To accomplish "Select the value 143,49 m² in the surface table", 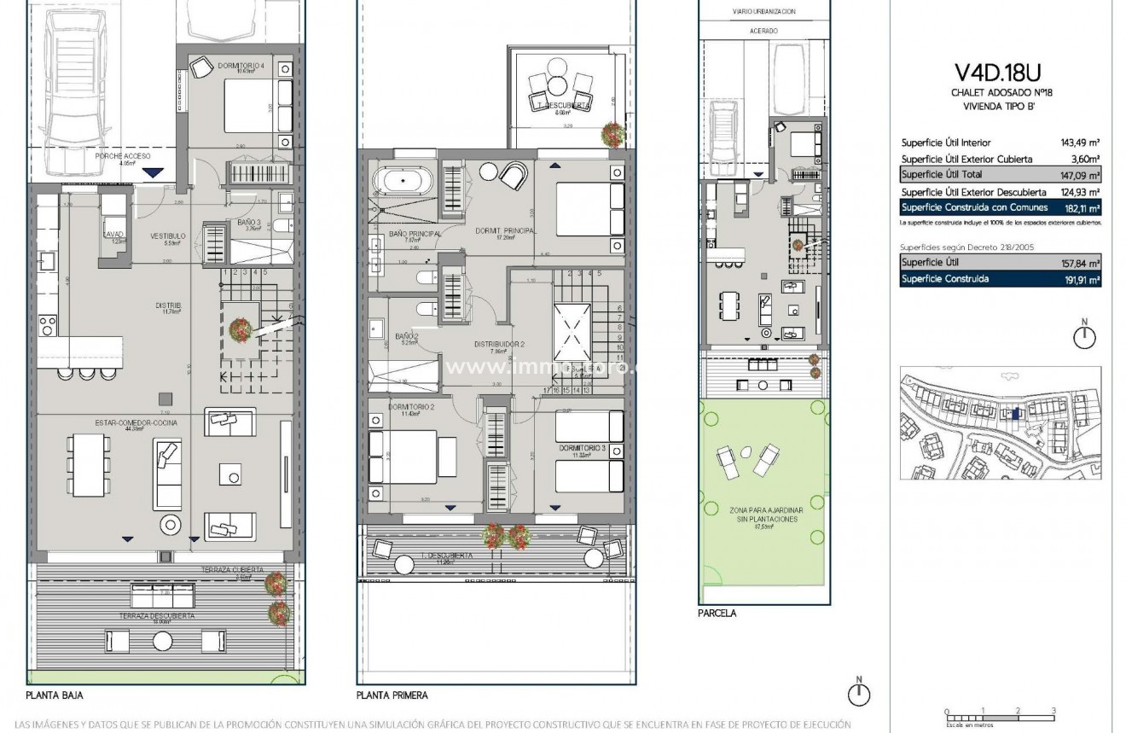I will tap(1077, 143).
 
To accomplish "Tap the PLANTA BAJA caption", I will tap(55, 695).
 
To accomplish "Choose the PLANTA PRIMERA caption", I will tap(392, 695).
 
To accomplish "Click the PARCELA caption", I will tap(717, 613).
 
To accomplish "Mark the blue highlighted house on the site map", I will tap(1014, 414).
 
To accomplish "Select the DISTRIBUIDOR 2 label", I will tap(499, 344).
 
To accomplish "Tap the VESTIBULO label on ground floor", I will tap(168, 235).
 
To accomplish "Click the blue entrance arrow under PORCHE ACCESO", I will tap(154, 173).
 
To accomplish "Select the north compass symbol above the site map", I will tap(1084, 335).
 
